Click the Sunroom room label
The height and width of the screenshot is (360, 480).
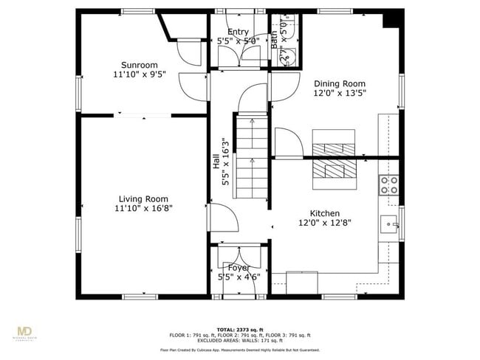pos(140,65)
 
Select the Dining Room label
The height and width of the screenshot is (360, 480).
pos(340,83)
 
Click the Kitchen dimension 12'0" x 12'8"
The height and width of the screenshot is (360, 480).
pos(325,222)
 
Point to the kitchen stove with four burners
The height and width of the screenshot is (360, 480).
pos(388,184)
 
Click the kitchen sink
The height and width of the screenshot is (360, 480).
pos(388,224)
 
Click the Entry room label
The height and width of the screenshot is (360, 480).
pos(238,32)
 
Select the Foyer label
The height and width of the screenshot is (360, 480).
pos(238,267)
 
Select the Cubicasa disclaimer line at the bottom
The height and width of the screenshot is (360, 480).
pos(240,350)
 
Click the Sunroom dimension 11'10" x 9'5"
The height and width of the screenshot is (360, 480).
pos(140,75)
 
